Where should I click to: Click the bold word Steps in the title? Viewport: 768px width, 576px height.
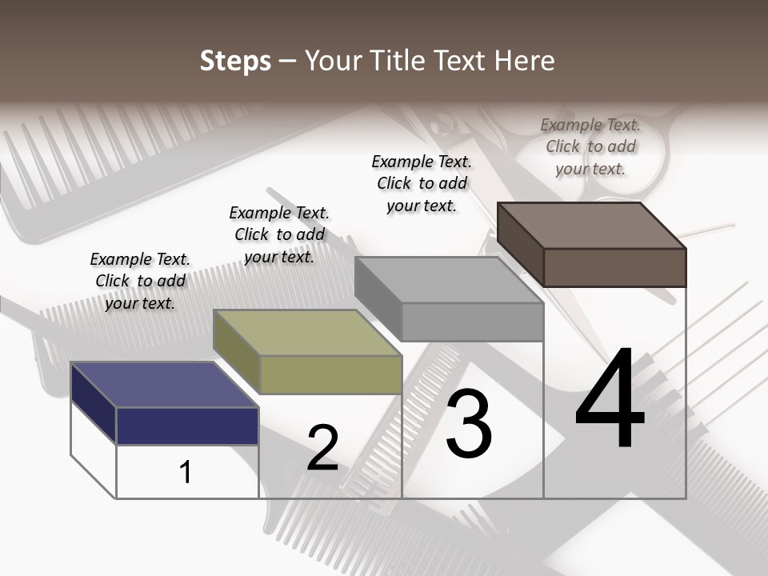click(x=235, y=61)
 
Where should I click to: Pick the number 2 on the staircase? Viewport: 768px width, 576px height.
click(x=323, y=448)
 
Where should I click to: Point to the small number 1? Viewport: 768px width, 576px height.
click(x=186, y=472)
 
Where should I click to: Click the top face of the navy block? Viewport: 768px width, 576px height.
click(x=164, y=384)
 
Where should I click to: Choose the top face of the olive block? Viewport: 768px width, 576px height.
click(x=307, y=332)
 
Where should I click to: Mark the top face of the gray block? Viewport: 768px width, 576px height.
click(x=448, y=280)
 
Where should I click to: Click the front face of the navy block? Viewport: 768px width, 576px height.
click(x=187, y=426)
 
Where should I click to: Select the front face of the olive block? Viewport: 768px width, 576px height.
click(x=330, y=374)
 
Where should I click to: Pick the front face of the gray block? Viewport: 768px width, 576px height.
click(x=472, y=322)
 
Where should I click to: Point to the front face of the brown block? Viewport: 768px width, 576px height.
click(x=614, y=267)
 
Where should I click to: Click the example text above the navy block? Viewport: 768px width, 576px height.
click(x=140, y=281)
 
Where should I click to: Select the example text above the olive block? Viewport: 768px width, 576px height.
click(x=279, y=234)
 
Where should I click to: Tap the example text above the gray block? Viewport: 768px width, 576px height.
click(x=422, y=183)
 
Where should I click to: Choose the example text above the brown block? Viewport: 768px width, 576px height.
click(x=590, y=146)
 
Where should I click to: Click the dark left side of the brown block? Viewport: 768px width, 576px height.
click(x=520, y=243)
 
